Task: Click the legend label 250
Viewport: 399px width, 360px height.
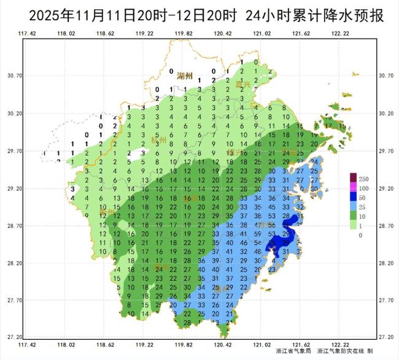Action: (363, 178)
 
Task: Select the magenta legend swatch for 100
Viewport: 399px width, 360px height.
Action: (353, 187)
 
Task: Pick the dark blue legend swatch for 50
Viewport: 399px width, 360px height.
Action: (353, 197)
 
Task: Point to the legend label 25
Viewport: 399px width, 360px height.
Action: (362, 207)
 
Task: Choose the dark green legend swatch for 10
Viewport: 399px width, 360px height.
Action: (353, 216)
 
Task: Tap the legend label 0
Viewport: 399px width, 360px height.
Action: (360, 235)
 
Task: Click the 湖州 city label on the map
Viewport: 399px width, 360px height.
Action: (184, 76)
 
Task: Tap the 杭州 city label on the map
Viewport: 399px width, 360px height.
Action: (158, 141)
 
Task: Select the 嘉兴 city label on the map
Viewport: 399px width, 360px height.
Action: (244, 84)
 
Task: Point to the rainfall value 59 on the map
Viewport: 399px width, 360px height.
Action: (257, 234)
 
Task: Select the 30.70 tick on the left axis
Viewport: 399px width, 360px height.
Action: (14, 76)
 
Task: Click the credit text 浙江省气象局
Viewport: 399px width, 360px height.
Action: (291, 351)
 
